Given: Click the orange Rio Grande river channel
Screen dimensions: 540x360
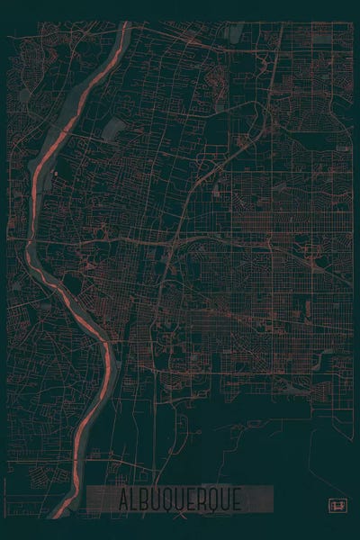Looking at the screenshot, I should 38,180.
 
